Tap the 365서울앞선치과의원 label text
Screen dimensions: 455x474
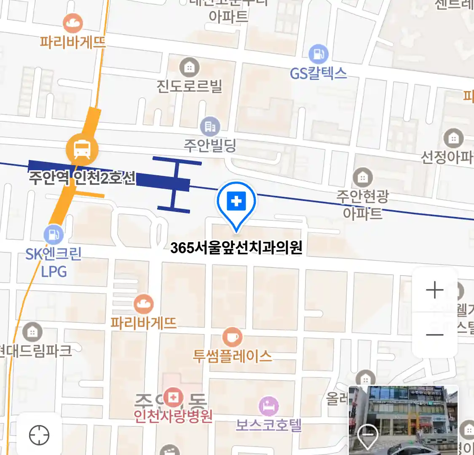[x=236, y=248]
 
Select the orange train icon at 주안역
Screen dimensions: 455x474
[x=82, y=149]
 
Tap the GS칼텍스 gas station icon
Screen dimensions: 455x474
[x=319, y=54]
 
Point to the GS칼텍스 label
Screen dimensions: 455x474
[x=319, y=74]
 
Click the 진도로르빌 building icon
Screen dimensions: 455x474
[x=189, y=67]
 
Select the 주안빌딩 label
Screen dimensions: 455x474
[x=210, y=146]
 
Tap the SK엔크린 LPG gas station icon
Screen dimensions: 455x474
[x=54, y=234]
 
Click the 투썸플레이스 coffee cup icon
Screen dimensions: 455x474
[x=232, y=337]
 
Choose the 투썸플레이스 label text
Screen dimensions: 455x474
[x=232, y=356]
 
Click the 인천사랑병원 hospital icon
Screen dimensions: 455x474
[x=173, y=397]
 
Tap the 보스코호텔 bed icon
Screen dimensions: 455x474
[x=269, y=407]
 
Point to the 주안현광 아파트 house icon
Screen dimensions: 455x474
[x=362, y=177]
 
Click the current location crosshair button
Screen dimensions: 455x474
[x=39, y=435]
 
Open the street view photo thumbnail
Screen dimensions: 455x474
[x=403, y=420]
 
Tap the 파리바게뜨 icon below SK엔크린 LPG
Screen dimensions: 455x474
[x=143, y=304]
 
